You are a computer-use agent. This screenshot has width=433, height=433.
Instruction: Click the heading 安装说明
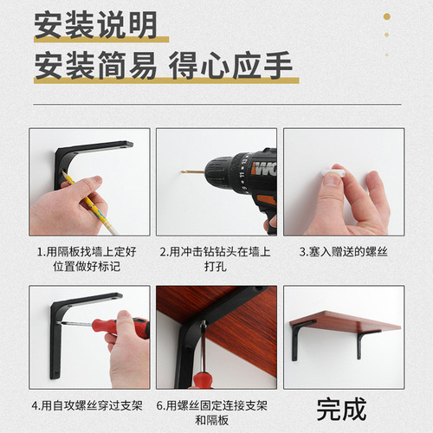point(95,25)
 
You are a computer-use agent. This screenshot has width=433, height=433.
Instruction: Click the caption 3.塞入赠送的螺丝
point(344,252)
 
